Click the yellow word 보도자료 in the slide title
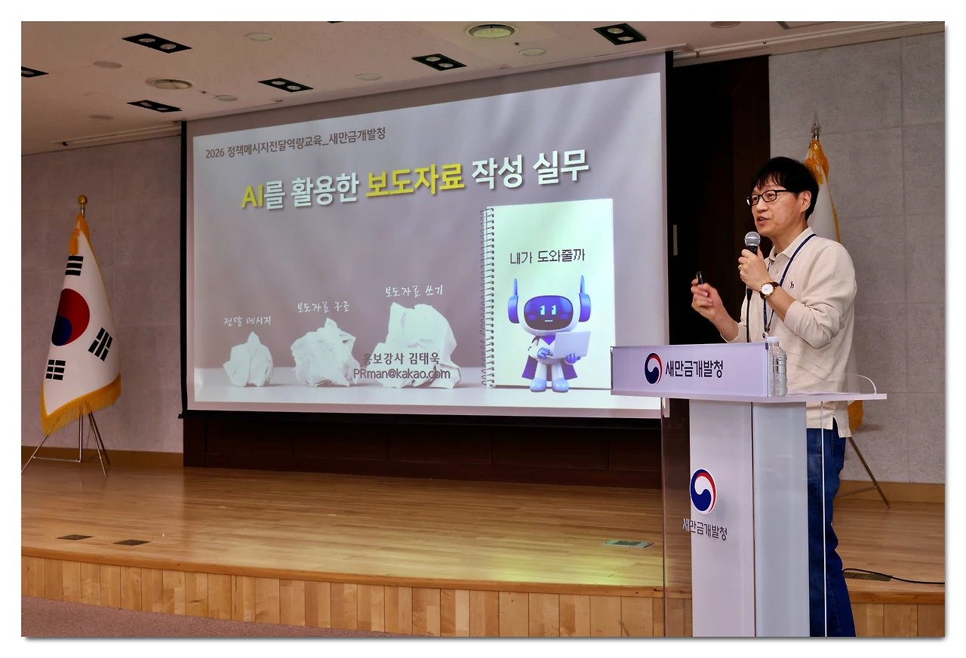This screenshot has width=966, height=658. point(414,182)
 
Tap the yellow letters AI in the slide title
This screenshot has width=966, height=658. point(251,195)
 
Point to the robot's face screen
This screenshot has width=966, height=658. point(548,312)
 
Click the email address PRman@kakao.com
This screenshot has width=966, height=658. point(401,374)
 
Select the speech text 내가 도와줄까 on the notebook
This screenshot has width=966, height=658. point(547,256)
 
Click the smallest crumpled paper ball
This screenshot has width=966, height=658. point(248,360)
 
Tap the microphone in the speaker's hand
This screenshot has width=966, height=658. point(752,243)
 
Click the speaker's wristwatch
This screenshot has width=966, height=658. point(768,289)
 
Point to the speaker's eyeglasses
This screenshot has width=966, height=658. point(767,197)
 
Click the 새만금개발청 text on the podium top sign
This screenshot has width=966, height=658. point(693,368)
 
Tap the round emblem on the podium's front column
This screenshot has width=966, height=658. point(703,491)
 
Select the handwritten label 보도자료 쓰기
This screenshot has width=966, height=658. point(414,290)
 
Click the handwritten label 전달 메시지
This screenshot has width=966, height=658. point(248,321)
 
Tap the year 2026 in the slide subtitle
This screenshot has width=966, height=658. point(215,153)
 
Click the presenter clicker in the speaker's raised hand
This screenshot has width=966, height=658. point(699,278)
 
